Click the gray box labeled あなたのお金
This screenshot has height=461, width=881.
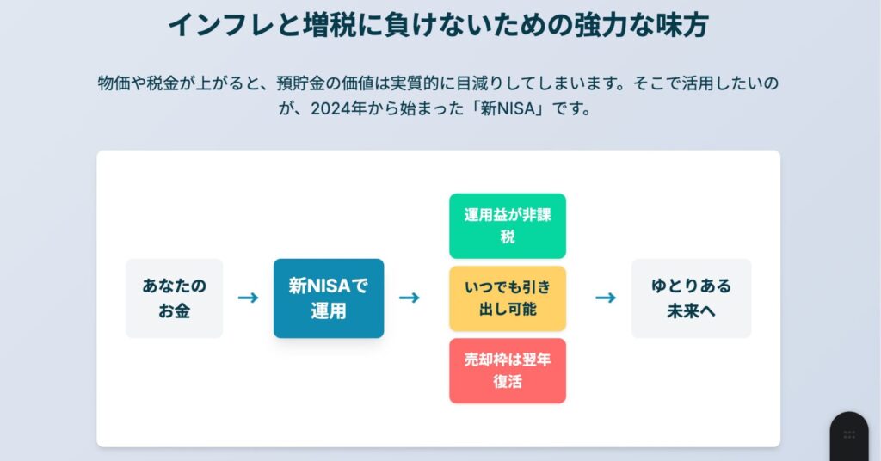click(174, 298)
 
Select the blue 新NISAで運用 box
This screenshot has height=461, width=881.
click(329, 298)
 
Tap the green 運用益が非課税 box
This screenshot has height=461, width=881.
click(508, 225)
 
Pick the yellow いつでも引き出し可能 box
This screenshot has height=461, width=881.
click(508, 298)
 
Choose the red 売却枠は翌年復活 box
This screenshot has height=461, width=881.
click(508, 371)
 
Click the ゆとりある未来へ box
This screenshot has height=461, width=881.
click(691, 298)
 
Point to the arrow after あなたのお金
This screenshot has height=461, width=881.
click(249, 298)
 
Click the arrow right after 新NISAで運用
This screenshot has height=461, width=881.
click(410, 298)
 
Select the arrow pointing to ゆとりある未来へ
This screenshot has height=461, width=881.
click(606, 298)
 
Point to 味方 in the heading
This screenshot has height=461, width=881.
click(682, 25)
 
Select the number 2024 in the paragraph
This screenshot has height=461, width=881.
click(330, 108)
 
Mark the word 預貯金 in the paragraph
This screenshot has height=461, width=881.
click(300, 83)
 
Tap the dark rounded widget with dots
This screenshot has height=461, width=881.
click(849, 436)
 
